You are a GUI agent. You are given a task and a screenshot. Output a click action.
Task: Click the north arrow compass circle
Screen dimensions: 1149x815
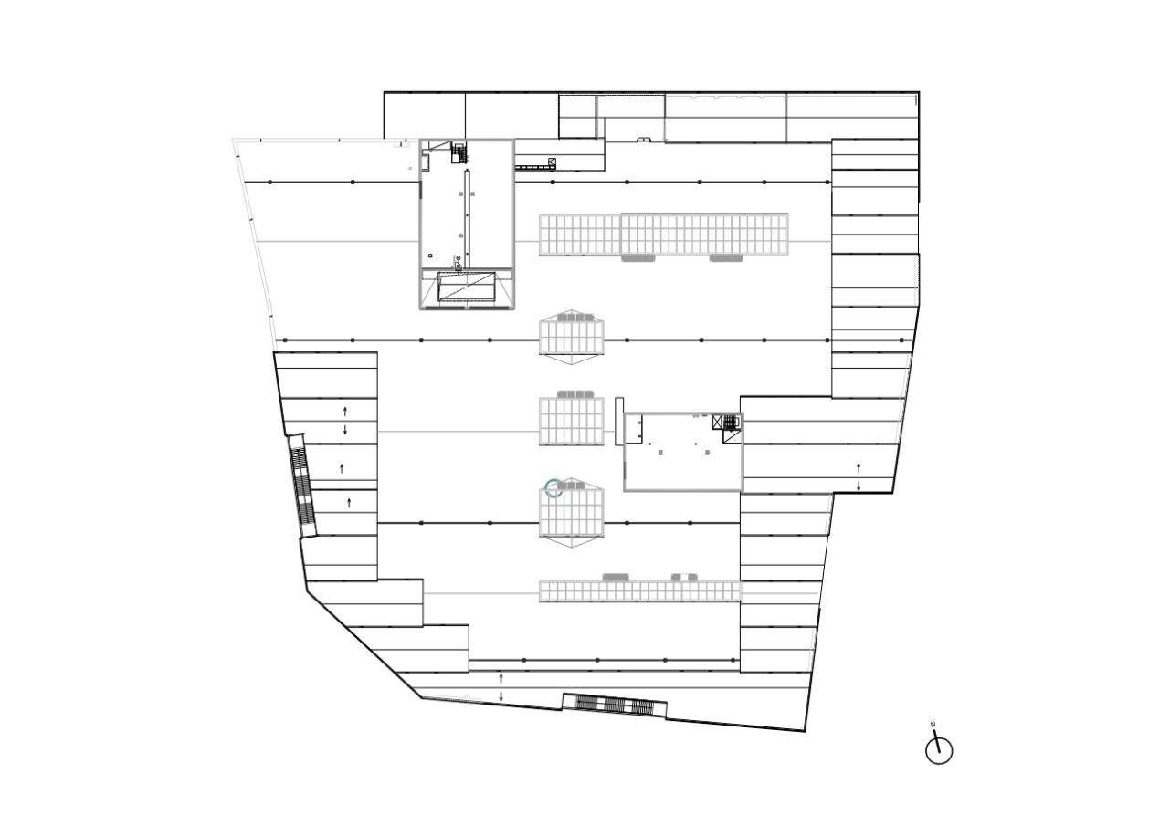click(x=939, y=751)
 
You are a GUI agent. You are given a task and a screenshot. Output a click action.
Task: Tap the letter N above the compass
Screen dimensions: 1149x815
click(x=933, y=725)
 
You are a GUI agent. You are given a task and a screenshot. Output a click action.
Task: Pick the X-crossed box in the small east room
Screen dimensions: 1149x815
click(x=717, y=423)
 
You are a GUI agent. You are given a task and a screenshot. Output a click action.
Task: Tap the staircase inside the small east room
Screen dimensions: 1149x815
click(x=730, y=423)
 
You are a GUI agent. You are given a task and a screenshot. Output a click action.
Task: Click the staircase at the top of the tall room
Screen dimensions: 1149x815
click(x=459, y=152)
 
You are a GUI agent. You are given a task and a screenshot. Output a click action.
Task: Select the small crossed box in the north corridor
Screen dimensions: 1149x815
click(x=552, y=163)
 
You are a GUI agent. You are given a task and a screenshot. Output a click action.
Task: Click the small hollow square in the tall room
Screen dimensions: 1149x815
click(x=430, y=256)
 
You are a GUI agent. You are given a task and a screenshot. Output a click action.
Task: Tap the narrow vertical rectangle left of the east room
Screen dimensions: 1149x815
click(x=619, y=422)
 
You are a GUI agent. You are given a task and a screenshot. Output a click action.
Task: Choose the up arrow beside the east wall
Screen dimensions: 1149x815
click(x=859, y=467)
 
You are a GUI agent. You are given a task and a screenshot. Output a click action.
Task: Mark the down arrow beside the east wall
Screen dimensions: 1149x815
click(x=859, y=486)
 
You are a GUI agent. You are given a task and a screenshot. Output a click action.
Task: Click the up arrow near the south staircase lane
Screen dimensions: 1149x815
click(x=501, y=678)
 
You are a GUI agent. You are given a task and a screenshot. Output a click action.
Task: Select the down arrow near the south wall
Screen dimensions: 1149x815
click(x=501, y=696)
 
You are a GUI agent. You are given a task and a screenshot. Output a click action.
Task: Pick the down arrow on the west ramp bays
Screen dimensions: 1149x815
click(x=345, y=429)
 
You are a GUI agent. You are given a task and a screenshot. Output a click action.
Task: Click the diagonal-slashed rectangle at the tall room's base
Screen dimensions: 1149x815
click(x=467, y=287)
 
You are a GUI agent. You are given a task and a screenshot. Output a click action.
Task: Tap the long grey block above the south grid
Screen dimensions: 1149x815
click(x=616, y=577)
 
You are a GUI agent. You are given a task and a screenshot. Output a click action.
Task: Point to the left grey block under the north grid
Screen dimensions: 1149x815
click(x=638, y=258)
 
